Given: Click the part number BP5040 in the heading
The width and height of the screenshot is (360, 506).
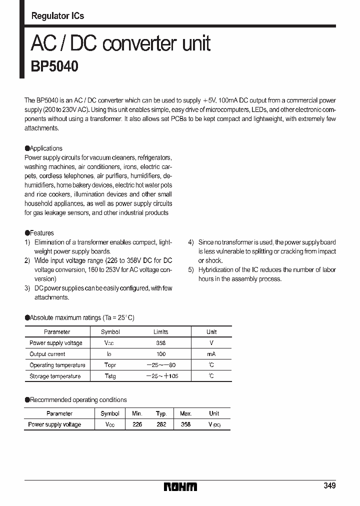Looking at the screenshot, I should (x=54, y=66).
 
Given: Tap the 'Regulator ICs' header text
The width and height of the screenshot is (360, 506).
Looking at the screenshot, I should (x=57, y=16).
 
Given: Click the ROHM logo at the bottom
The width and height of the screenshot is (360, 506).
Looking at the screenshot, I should (x=180, y=486).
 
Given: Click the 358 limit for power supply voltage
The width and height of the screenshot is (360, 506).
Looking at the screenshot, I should (x=160, y=343).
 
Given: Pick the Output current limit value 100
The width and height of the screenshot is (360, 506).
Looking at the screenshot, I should (x=160, y=354).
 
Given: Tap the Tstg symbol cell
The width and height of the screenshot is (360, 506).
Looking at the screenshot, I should (x=110, y=376).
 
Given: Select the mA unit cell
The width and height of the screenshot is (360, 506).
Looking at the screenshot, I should (x=211, y=354).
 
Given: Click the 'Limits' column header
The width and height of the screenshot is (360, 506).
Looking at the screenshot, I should (x=160, y=332).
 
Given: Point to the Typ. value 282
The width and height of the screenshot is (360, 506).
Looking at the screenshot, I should (x=161, y=424).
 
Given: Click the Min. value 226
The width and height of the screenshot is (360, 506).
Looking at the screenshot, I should (x=137, y=424).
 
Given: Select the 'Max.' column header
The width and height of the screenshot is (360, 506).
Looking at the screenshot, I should (x=185, y=413).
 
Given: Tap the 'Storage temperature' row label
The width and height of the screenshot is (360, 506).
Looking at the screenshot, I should (x=55, y=376).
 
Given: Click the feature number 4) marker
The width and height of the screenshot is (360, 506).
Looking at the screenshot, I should (x=191, y=242).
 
